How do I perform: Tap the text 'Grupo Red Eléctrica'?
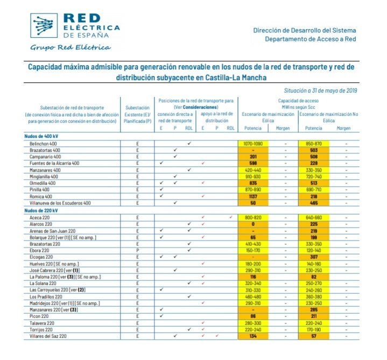point(70,47)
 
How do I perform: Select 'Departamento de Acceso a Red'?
point(311,39)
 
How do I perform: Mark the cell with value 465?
point(313,203)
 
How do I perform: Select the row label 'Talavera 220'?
point(43,323)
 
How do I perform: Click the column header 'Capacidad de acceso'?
point(299,101)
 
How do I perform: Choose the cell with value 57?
point(313,336)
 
